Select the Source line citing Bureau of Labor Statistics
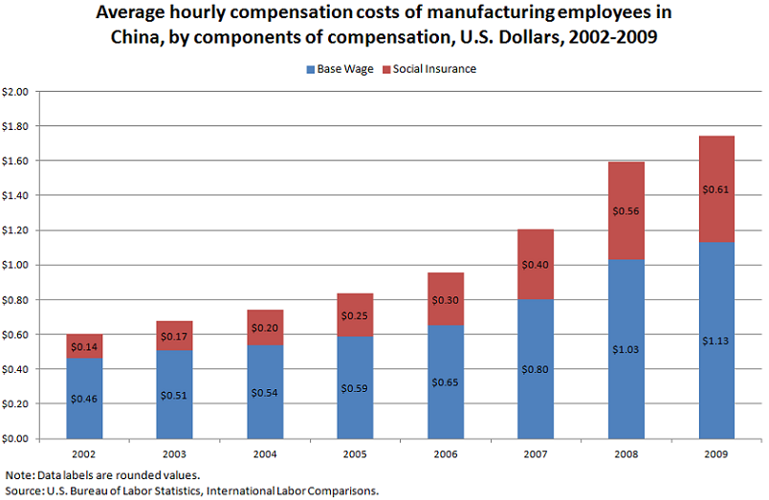[192, 490]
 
